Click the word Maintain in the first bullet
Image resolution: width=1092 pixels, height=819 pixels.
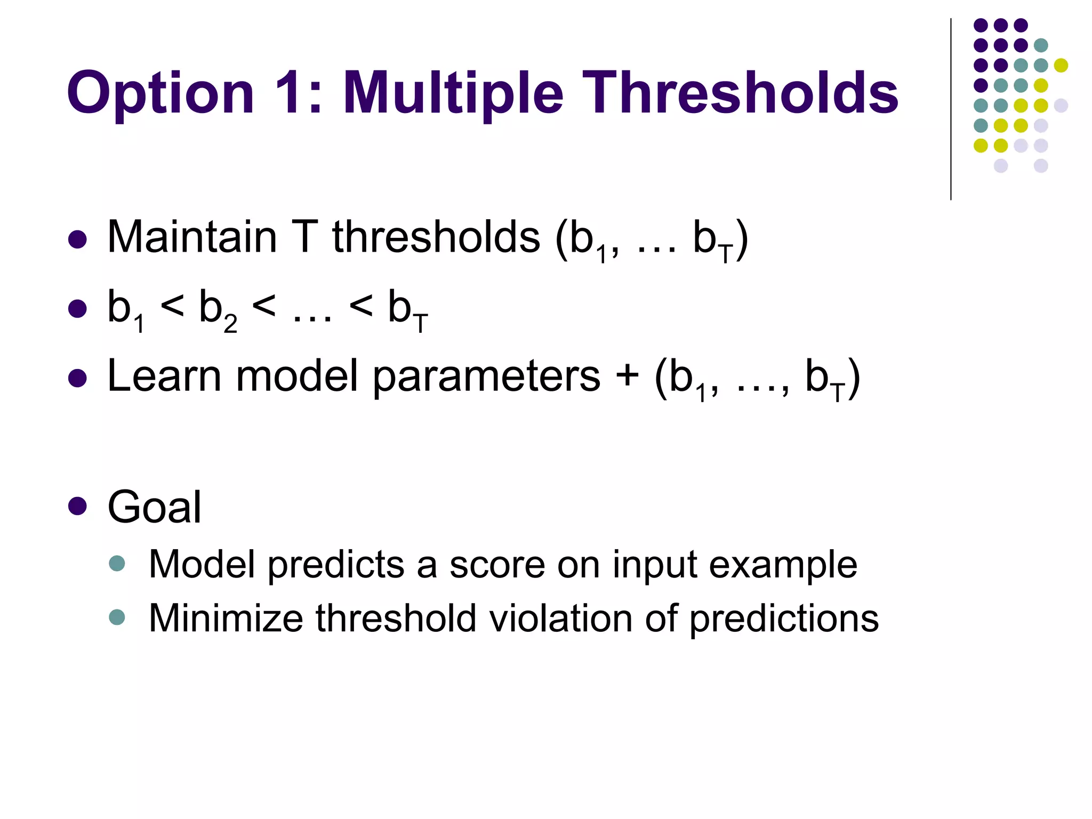192,237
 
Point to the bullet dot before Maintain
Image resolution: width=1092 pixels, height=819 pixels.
78,239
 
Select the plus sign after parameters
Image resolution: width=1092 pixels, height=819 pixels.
627,376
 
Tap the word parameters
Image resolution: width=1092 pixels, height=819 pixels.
486,379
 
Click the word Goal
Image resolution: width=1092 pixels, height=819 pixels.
155,507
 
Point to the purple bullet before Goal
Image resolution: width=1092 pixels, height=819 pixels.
78,507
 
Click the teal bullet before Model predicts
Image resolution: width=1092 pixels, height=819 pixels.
117,564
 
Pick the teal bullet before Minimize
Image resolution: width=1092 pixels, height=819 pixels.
117,617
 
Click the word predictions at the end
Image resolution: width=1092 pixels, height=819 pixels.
784,620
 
